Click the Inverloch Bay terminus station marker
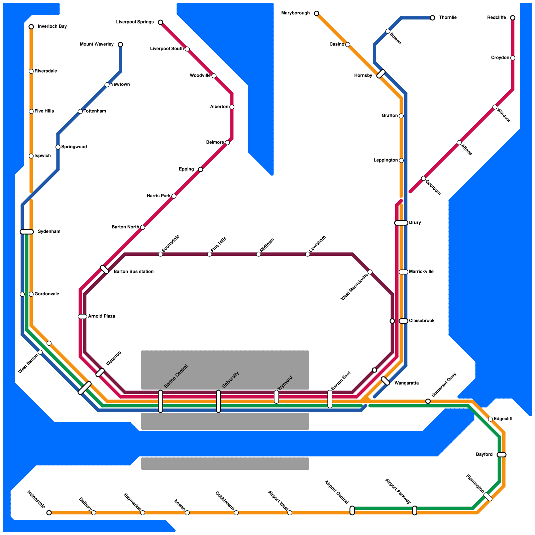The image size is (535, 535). pos(31,27)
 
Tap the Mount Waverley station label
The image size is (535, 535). pos(97,44)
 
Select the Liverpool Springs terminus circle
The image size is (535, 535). pos(160,22)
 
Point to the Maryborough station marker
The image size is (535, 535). pos(316,13)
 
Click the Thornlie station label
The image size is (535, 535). pos(448,18)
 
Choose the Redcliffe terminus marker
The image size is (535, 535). pos(513,18)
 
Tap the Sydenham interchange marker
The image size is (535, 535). pos(27,232)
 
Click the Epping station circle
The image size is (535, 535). pos(201,170)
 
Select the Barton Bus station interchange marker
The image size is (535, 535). pos(104,270)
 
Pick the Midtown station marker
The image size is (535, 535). pos(258,254)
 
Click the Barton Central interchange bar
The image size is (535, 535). pos(160,401)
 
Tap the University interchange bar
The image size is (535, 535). pos(218,401)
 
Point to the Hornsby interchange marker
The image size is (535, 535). pos(381,74)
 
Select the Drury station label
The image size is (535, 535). pos(415,223)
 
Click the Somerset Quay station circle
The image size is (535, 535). pos(428,401)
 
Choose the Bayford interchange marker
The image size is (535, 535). pos(502,455)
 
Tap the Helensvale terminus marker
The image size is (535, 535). pos(49,513)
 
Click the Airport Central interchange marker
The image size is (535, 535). pos(352,511)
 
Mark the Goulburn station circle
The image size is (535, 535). pos(423,179)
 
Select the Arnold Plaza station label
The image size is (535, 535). pos(102,316)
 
